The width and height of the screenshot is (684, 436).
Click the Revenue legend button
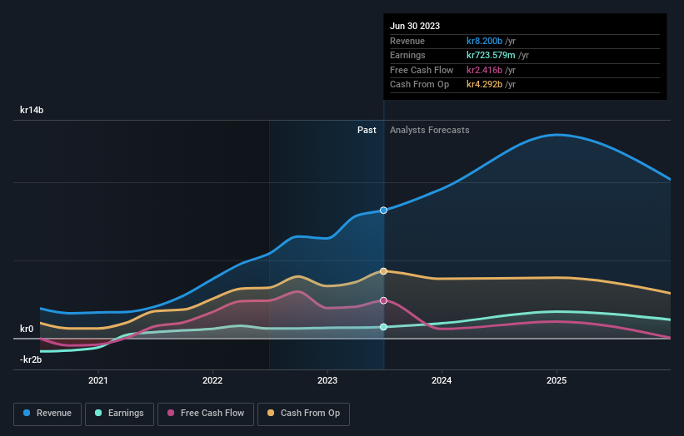[x=47, y=414]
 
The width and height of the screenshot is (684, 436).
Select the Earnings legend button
[x=119, y=414]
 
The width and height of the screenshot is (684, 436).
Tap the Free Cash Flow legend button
[x=205, y=414]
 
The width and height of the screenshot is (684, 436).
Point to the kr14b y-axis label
[x=32, y=110]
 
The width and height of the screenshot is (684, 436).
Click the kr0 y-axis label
[x=27, y=329]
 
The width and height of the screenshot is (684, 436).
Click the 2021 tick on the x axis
[x=98, y=380]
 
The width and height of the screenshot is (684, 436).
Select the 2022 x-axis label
[x=212, y=380]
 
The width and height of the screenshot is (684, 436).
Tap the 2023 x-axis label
[x=327, y=380]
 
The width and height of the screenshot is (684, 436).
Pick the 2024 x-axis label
[x=442, y=380]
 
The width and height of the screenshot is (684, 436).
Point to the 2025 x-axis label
[x=557, y=380]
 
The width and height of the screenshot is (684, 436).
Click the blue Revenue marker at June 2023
[x=383, y=211]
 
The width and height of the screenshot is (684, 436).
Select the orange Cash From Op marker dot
[x=383, y=271]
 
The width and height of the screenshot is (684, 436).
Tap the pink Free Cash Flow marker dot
[x=383, y=300]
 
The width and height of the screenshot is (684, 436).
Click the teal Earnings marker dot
[x=383, y=327]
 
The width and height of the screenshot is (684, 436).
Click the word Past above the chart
[x=367, y=131]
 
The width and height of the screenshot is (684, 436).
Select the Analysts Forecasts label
[x=429, y=131]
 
